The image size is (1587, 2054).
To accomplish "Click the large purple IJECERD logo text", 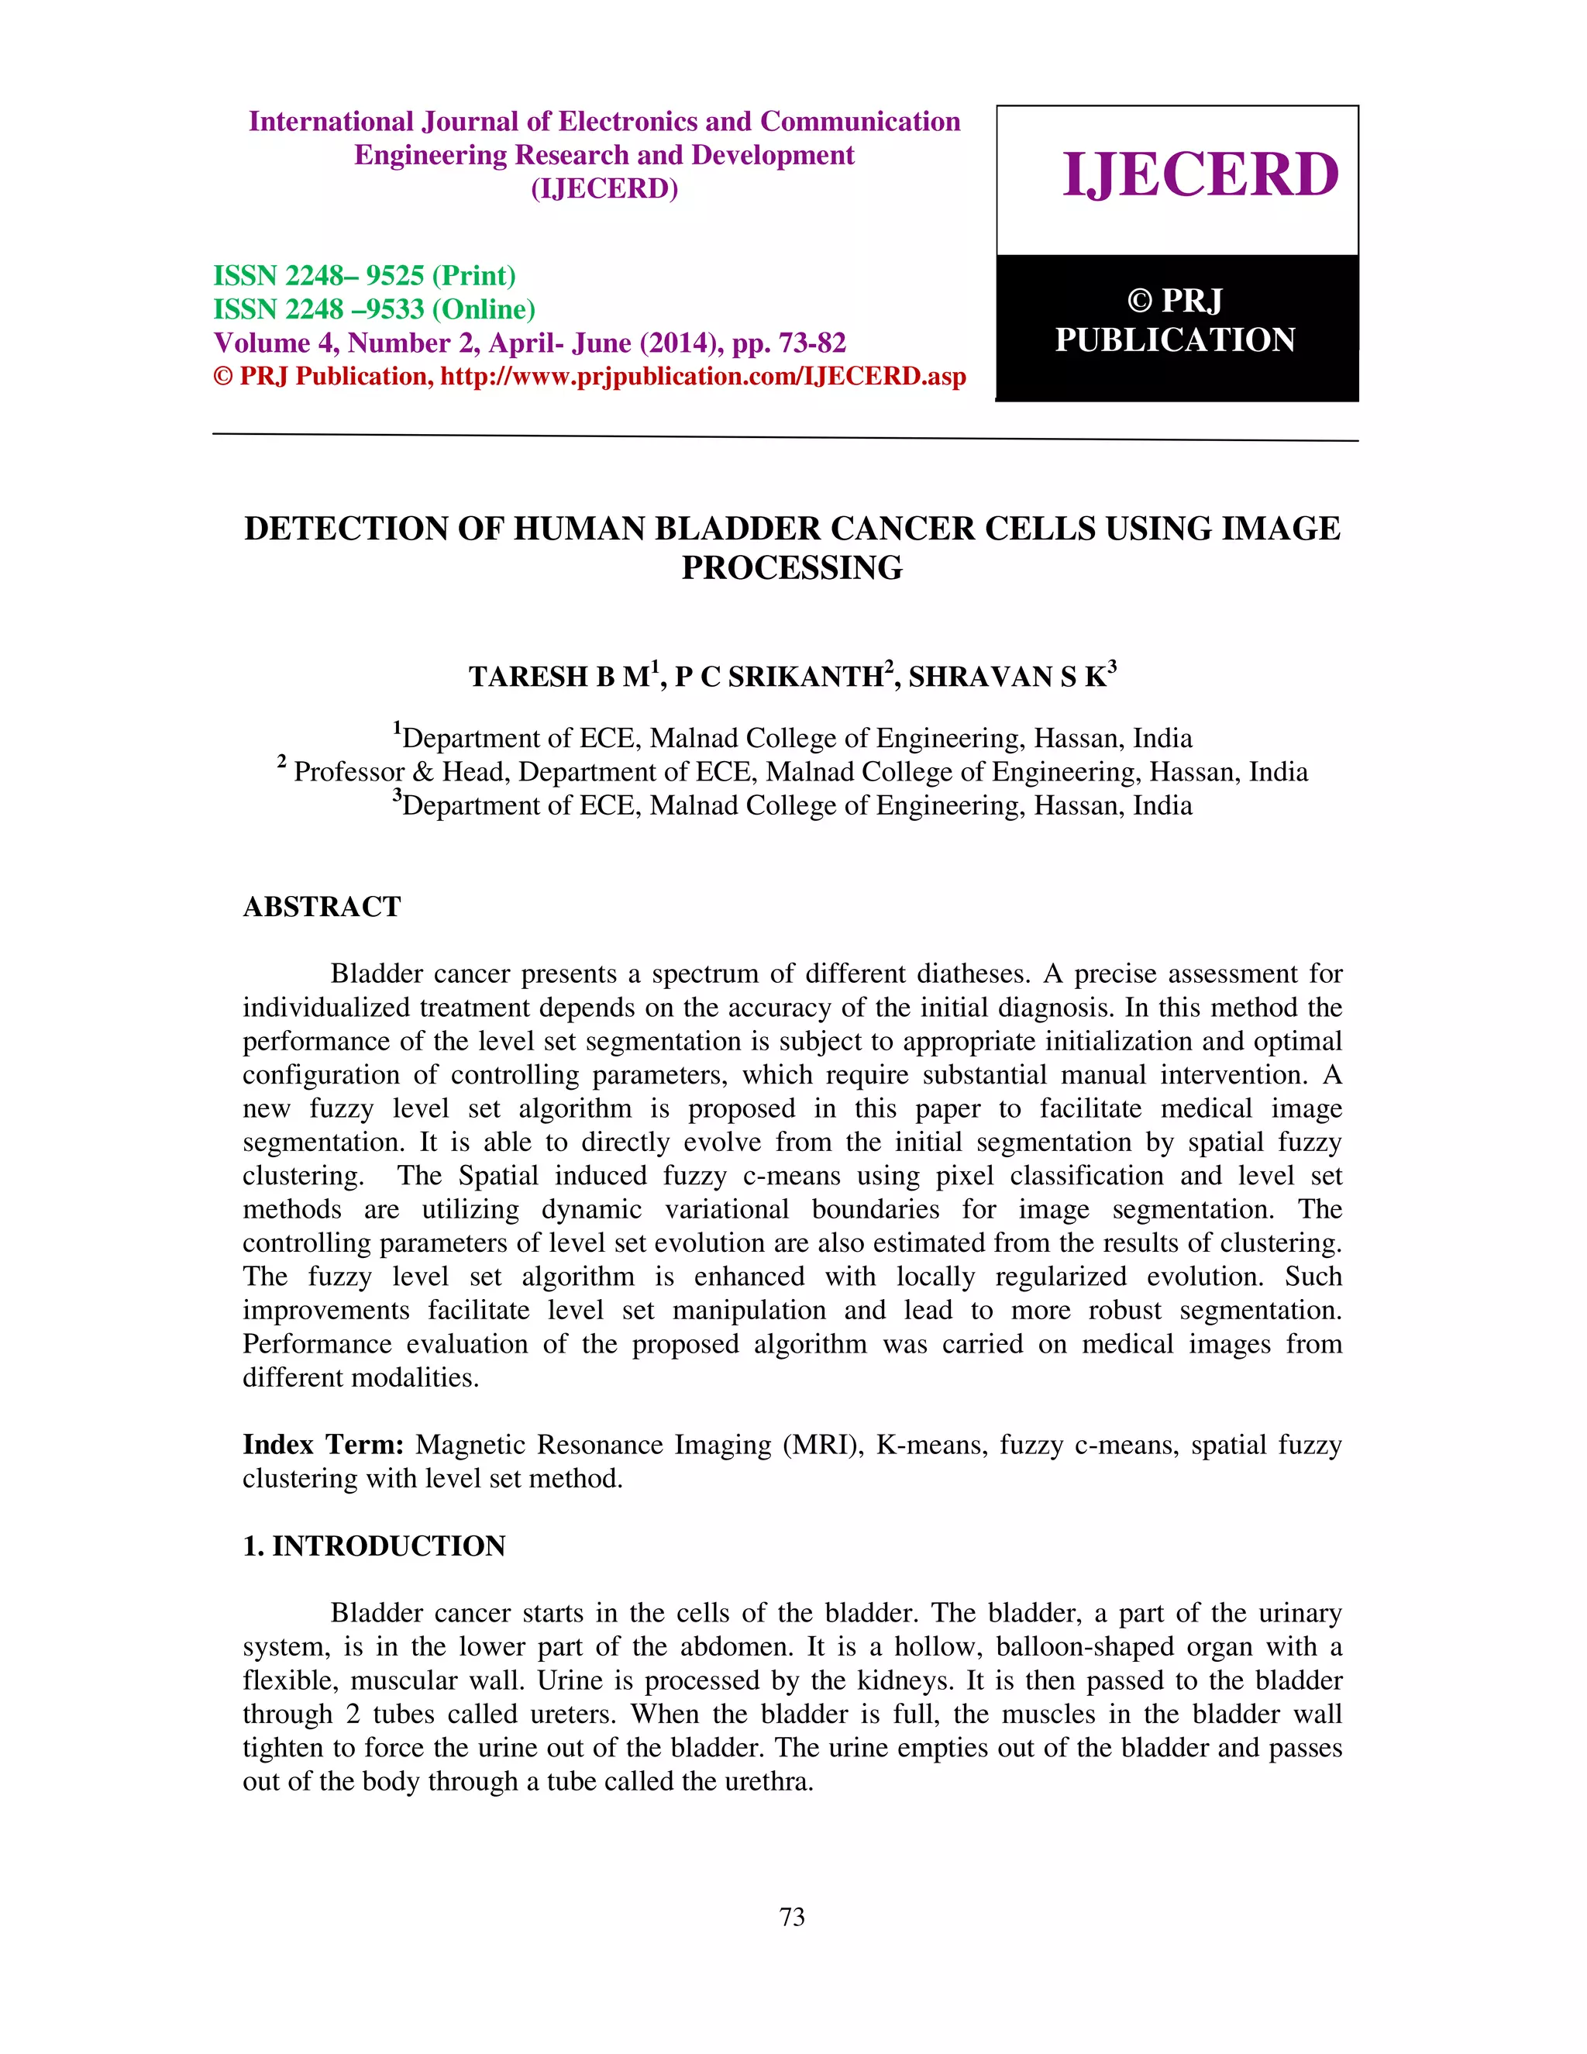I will point(1200,175).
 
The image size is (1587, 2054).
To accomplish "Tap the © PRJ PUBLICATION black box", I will point(1176,322).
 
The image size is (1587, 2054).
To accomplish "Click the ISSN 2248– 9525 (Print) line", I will point(365,276).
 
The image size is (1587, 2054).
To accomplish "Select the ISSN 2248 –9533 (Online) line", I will point(374,309).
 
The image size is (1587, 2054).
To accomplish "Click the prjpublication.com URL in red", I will point(704,377).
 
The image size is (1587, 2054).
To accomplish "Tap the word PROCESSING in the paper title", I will point(792,568).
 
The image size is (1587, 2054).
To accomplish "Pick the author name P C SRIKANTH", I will point(780,677).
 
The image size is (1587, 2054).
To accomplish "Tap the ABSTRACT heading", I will point(322,907).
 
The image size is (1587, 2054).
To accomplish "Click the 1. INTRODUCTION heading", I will point(374,1546).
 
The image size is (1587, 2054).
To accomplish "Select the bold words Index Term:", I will point(323,1445).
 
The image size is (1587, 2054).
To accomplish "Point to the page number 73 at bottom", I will point(792,1917).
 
